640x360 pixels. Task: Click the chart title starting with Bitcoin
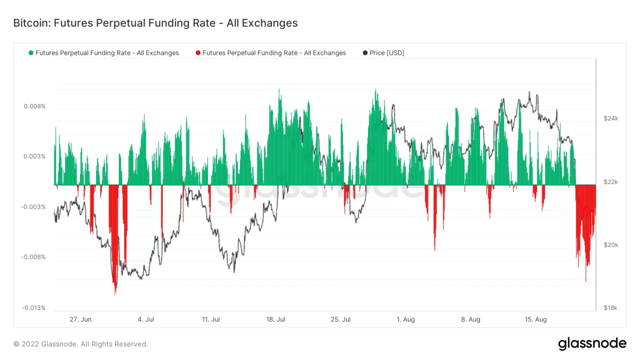point(155,23)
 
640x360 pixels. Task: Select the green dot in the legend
point(32,53)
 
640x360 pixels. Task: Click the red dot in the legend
point(198,53)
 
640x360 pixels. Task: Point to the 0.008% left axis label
point(34,106)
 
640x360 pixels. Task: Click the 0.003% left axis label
point(34,157)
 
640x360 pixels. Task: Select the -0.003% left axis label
point(33,207)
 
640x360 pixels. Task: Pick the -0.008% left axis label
point(33,257)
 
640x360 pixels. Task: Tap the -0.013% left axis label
point(33,308)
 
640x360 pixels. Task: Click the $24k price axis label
point(611,119)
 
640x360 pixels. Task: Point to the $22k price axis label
point(611,182)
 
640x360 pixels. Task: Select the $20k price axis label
point(611,245)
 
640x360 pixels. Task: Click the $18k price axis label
point(611,308)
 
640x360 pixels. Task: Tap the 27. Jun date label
point(80,319)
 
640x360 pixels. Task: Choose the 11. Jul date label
point(211,319)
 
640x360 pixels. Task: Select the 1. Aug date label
point(406,319)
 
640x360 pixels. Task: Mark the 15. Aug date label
point(536,319)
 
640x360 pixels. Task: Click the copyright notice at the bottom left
point(80,344)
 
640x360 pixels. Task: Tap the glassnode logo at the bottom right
point(592,344)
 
